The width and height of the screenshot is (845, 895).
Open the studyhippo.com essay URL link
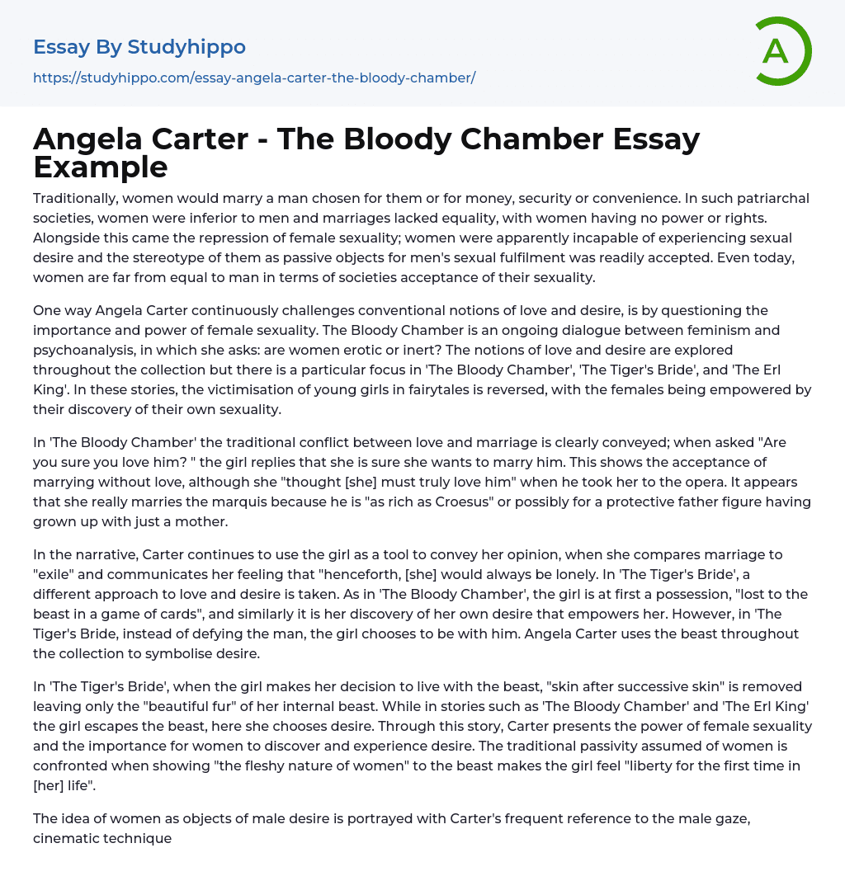[254, 78]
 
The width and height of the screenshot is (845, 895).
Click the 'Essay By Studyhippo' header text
[139, 47]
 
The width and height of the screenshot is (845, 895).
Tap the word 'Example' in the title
[101, 167]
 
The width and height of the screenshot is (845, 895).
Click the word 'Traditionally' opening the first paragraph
[77, 198]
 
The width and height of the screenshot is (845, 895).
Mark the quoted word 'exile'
[58, 574]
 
